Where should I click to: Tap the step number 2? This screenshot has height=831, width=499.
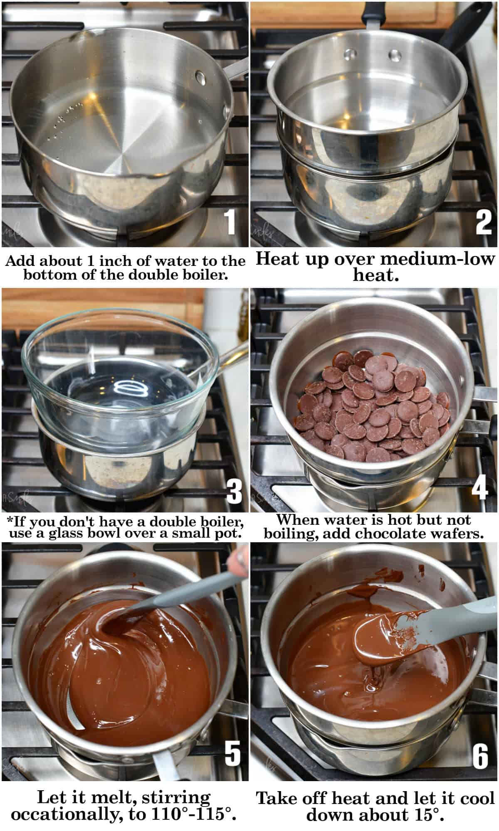coord(484,223)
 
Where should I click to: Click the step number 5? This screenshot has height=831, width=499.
coord(232,753)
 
